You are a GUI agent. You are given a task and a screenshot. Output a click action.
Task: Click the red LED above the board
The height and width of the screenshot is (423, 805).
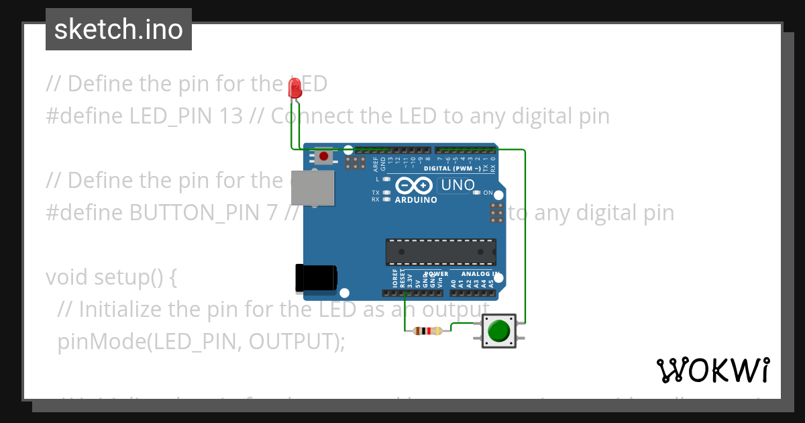294,89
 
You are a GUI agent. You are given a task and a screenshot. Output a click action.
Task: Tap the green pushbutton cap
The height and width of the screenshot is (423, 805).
498,331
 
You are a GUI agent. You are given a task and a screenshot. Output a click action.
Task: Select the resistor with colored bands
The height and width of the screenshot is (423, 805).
427,330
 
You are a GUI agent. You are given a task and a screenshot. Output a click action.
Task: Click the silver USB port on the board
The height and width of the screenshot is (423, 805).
313,187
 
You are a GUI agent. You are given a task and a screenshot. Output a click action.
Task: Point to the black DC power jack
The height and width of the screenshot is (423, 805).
316,278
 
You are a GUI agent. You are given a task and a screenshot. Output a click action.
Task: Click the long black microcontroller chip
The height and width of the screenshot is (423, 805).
441,251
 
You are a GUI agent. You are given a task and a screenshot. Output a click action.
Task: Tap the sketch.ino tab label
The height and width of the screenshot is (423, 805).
119,30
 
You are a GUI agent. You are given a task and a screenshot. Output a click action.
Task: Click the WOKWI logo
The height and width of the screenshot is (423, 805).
713,370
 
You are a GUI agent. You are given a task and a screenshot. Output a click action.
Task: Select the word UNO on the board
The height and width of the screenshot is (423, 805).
458,185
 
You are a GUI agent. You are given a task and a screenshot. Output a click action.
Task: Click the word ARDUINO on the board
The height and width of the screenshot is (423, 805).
416,200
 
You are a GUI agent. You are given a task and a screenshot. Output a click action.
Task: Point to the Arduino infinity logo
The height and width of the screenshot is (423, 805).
415,185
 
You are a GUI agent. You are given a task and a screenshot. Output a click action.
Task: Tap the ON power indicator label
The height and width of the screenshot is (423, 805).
488,193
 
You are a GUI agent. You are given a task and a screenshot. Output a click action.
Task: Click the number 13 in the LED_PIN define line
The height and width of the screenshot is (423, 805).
231,116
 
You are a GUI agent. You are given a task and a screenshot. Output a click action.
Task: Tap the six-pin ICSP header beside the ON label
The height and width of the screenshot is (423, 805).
497,212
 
